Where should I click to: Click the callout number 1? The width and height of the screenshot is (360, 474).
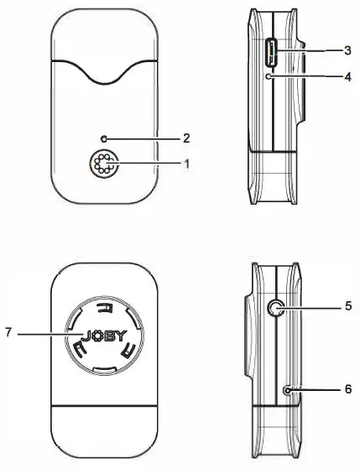click(188, 162)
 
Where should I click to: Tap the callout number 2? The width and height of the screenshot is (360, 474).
click(188, 137)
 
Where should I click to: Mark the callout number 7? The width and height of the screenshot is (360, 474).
click(10, 335)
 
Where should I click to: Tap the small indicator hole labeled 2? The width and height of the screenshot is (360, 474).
click(104, 137)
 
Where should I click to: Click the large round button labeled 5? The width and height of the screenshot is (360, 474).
click(273, 309)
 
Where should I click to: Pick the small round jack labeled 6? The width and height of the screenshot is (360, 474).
click(289, 390)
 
